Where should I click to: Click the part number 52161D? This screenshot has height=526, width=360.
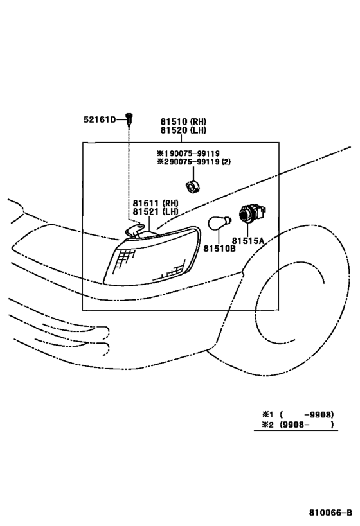[x=100, y=119]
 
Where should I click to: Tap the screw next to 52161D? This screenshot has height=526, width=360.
[x=129, y=119]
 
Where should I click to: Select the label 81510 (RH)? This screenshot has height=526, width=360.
[x=183, y=121]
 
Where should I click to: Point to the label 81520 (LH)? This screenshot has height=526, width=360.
[x=183, y=130]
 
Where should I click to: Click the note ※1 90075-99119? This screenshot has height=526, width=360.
[x=188, y=153]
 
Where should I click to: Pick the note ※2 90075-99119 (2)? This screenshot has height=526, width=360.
[x=194, y=162]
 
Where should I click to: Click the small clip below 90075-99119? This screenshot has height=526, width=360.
[x=193, y=186]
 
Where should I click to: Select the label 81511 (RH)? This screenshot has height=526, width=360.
[x=156, y=203]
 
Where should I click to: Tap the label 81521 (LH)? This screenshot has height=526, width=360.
[x=156, y=211]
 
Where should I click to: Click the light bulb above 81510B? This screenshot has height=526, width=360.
[x=219, y=223]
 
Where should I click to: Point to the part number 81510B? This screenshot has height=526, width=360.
[x=219, y=249]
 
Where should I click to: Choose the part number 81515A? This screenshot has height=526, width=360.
[x=248, y=241]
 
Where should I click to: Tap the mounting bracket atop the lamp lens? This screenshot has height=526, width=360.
[x=135, y=231]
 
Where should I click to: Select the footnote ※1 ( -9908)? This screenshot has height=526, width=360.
[x=298, y=414]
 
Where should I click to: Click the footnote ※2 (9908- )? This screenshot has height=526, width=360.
[x=298, y=425]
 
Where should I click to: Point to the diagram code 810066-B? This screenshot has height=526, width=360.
[x=331, y=513]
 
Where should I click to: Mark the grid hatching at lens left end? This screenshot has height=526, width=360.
[x=125, y=260]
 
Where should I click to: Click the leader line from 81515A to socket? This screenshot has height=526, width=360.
[x=248, y=230]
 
